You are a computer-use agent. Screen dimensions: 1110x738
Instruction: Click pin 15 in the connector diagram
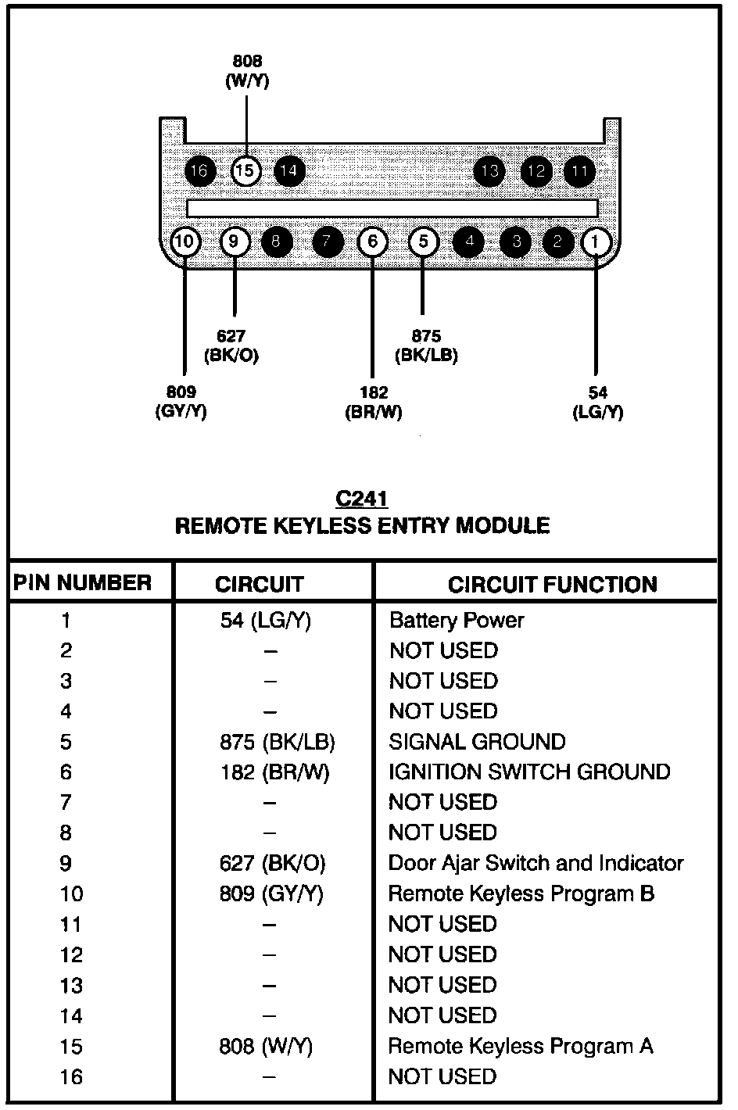[x=246, y=170]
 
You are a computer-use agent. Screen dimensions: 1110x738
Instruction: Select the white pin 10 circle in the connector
[x=184, y=242]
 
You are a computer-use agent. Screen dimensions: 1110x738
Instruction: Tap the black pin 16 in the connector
[x=200, y=170]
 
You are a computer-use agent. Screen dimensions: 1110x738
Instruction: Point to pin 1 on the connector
[x=596, y=242]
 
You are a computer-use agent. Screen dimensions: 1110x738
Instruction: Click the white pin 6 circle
[x=372, y=242]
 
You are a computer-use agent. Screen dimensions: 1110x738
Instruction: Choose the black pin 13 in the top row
[x=489, y=170]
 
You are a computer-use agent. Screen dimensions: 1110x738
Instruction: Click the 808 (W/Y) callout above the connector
[x=247, y=71]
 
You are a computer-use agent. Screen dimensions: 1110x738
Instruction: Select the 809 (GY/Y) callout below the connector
[x=181, y=402]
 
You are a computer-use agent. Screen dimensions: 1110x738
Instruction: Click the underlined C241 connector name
[x=361, y=499]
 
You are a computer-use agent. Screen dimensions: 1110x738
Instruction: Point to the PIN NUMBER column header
[x=82, y=583]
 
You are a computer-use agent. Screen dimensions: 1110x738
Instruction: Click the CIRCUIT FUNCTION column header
[x=552, y=585]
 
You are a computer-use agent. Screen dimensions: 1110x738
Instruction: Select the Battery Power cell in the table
[x=457, y=621]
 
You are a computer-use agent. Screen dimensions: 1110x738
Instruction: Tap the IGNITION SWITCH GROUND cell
[x=529, y=772]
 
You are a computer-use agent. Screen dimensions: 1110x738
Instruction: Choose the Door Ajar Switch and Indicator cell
[x=536, y=863]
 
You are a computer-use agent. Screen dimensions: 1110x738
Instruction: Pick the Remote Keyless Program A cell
[x=521, y=1046]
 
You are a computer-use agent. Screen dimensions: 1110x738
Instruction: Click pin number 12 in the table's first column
[x=71, y=955]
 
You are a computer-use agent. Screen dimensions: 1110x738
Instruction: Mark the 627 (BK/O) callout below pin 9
[x=231, y=346]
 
